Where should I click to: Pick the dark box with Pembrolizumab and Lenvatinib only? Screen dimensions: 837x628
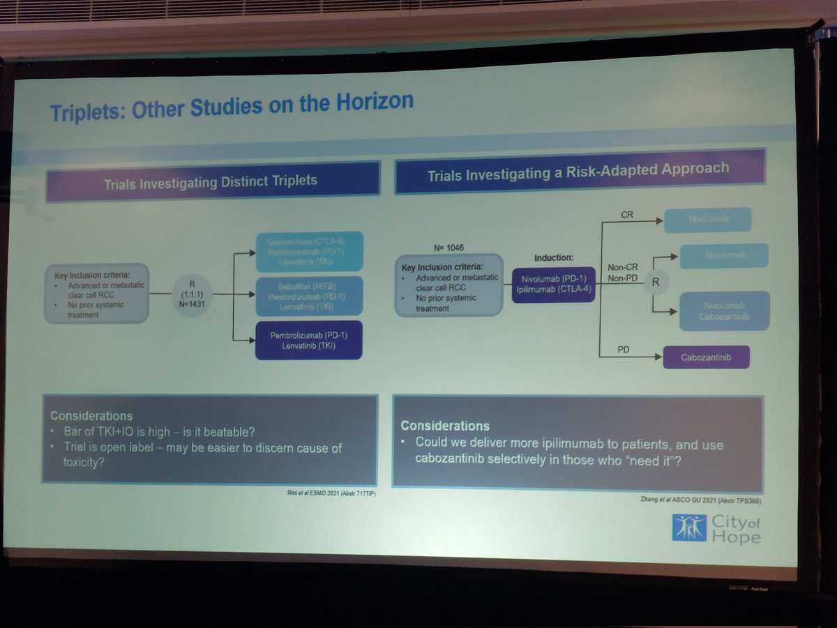pos(309,340)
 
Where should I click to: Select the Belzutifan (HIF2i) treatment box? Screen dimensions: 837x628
pos(309,296)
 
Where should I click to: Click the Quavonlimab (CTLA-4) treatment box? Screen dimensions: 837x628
pos(309,251)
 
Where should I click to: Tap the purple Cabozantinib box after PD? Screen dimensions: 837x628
pos(706,358)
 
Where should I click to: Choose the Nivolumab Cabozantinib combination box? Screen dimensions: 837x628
pos(724,311)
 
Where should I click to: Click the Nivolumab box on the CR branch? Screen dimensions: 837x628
pos(707,220)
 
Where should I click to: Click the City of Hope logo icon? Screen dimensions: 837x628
pos(688,528)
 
